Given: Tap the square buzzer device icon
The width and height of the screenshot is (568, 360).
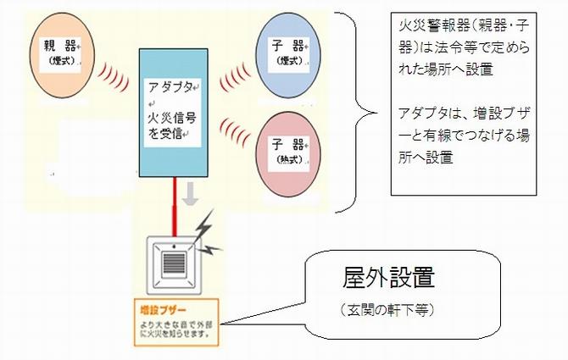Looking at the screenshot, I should point(173,257).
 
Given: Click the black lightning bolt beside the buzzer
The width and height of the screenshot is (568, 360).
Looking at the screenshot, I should point(205,236).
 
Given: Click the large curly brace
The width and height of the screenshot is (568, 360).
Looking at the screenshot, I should point(356,110).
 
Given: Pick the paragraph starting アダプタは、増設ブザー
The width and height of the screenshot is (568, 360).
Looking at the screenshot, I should point(465,136).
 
